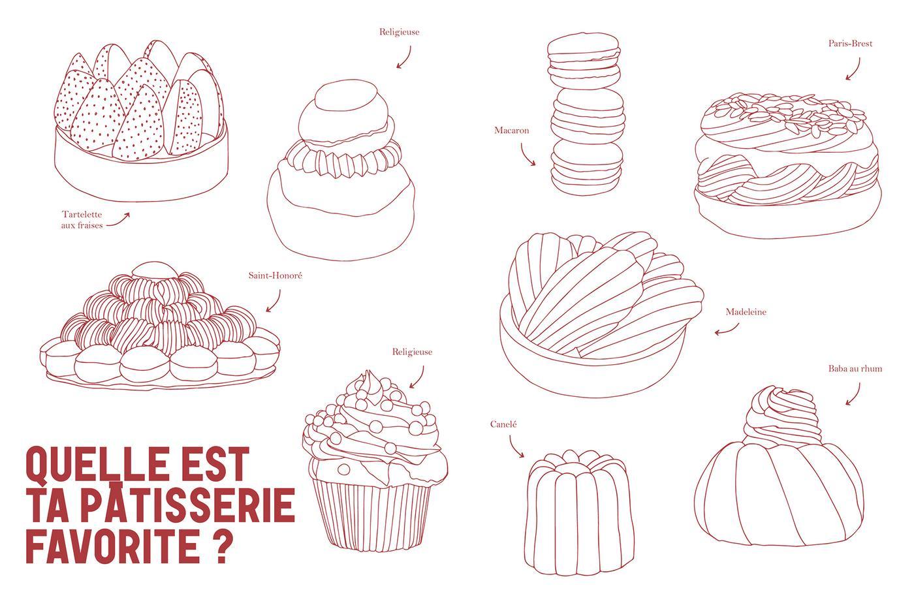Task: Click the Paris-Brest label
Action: coord(850,44)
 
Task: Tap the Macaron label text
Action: coord(511,131)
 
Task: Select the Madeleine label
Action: coord(746,312)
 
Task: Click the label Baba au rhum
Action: coord(855,369)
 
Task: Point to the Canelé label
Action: coord(503,425)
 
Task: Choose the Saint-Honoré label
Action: coord(276,275)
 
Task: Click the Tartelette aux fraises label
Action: coord(82,220)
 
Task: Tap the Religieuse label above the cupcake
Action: coord(412,352)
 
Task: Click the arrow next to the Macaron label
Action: coord(526,156)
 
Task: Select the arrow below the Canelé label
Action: coord(514,448)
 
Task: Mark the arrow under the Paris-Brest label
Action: coord(855,70)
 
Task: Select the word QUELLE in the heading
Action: coord(97,464)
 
